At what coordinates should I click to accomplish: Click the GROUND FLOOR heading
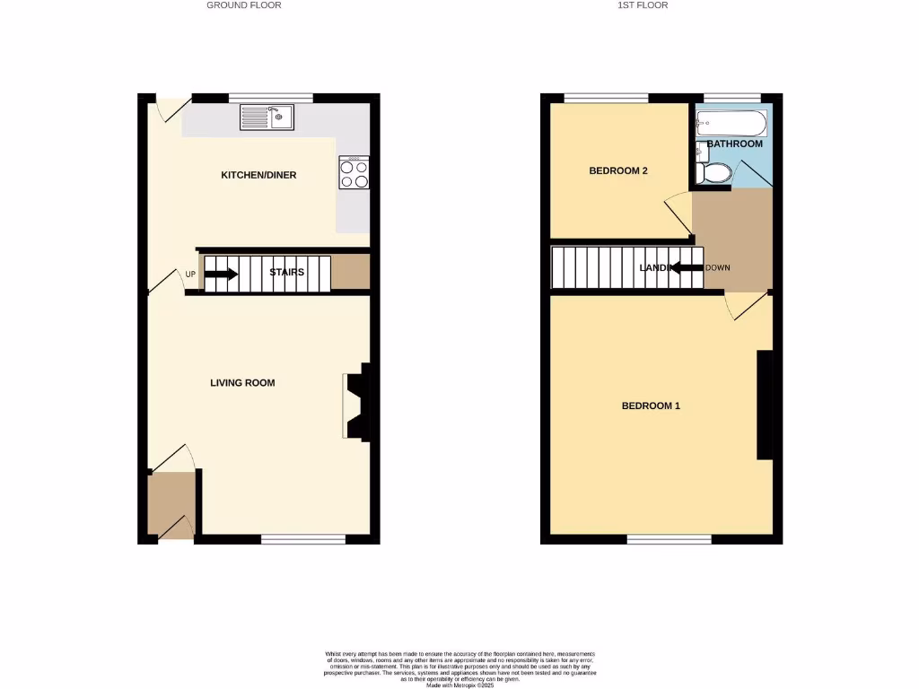click(244, 5)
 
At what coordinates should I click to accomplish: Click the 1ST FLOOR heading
click(643, 5)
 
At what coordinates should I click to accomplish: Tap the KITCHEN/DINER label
click(258, 175)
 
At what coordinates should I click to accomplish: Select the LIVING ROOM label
click(242, 383)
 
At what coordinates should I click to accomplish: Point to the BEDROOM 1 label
click(651, 406)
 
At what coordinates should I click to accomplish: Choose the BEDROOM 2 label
click(618, 170)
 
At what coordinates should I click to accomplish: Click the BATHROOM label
click(734, 144)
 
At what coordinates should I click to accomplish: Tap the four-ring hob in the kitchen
click(354, 173)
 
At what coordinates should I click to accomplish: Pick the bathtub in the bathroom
click(731, 123)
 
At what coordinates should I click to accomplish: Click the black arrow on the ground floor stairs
click(222, 275)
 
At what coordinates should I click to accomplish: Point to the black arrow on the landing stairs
click(687, 267)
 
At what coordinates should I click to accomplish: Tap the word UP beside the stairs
click(190, 275)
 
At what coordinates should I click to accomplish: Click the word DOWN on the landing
click(719, 268)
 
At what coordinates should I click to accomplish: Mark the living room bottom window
click(302, 539)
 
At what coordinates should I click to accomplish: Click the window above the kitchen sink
click(270, 97)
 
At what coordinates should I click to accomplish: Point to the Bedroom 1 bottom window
click(669, 539)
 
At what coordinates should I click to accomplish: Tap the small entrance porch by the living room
click(171, 504)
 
